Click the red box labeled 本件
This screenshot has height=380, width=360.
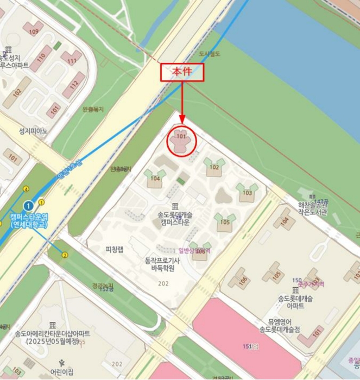pyautogui.click(x=182, y=72)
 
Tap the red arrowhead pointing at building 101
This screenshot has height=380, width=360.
pyautogui.click(x=182, y=121)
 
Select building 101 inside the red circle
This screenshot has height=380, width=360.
pyautogui.click(x=181, y=141)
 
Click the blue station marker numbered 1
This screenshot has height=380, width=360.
pyautogui.click(x=29, y=206)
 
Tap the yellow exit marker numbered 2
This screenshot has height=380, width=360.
pyautogui.click(x=65, y=255)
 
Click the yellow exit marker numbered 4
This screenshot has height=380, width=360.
pyautogui.click(x=26, y=189)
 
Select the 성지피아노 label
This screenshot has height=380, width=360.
pyautogui.click(x=34, y=131)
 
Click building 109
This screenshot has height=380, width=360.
pyautogui.click(x=34, y=29)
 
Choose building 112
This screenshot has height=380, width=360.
pyautogui.click(x=74, y=84)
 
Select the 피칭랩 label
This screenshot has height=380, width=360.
pyautogui.click(x=115, y=249)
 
